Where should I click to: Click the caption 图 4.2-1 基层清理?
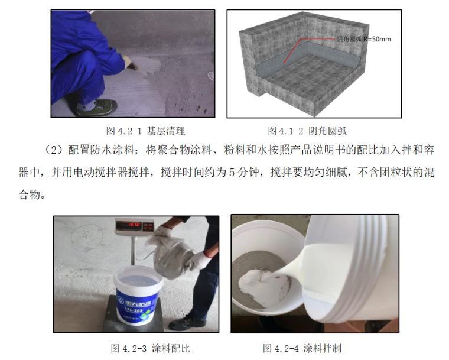(x=145, y=131)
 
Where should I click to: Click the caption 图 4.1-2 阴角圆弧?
(x=307, y=131)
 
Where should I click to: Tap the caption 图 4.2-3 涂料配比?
(x=150, y=348)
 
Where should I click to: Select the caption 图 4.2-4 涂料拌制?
(x=302, y=348)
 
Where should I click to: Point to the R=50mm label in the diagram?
(x=377, y=39)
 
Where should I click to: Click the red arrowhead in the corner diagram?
(x=285, y=60)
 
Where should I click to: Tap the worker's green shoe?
(x=97, y=108)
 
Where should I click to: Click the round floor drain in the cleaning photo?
(x=211, y=76)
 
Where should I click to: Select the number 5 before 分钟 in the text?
(x=232, y=173)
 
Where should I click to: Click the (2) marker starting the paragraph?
(x=54, y=150)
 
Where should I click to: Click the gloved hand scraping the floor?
(x=131, y=62)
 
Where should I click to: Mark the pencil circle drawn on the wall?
(x=86, y=237)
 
